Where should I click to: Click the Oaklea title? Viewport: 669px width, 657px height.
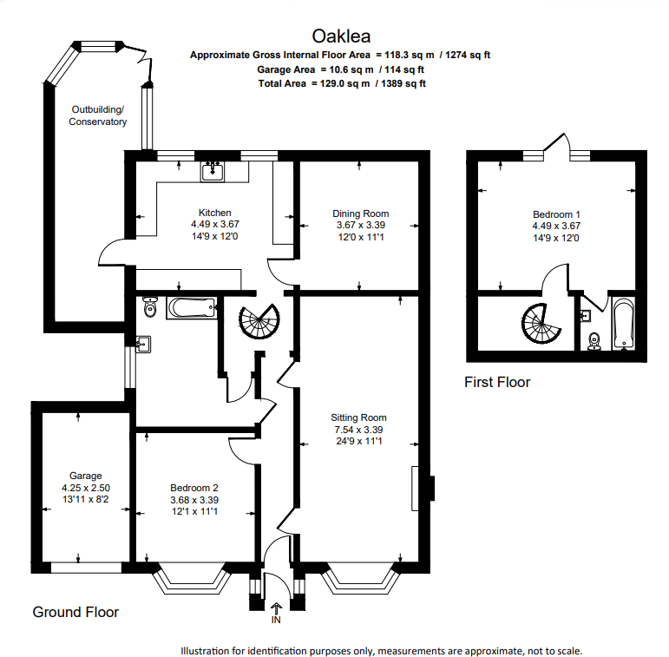click(x=341, y=36)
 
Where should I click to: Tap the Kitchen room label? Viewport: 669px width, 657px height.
click(x=214, y=213)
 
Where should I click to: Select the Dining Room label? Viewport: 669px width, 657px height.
click(x=360, y=214)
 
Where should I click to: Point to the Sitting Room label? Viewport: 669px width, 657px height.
click(x=359, y=417)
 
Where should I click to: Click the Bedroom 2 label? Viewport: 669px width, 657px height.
click(x=194, y=487)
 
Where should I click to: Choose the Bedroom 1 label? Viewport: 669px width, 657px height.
click(x=556, y=214)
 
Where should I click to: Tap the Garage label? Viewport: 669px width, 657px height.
click(x=86, y=476)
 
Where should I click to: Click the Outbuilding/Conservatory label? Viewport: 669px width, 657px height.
click(x=98, y=115)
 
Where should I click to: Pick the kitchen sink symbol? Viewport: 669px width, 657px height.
click(x=213, y=171)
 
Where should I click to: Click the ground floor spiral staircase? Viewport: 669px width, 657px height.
click(x=259, y=322)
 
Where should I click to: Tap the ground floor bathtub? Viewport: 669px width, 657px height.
click(x=191, y=306)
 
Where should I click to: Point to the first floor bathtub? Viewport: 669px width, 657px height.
click(x=622, y=324)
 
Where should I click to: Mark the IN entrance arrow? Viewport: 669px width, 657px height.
click(x=277, y=609)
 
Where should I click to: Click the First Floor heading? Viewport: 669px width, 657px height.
click(x=496, y=382)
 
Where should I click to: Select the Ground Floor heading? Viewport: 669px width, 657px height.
click(x=75, y=612)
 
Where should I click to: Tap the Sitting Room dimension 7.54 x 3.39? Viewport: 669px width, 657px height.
click(x=359, y=430)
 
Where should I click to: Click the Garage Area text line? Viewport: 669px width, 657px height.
click(x=340, y=69)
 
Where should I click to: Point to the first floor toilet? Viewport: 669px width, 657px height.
click(x=594, y=339)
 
